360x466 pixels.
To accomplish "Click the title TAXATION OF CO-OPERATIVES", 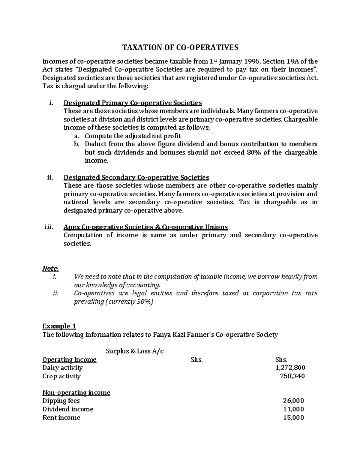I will (180, 47).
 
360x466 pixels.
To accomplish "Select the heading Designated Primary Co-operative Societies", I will (133, 103).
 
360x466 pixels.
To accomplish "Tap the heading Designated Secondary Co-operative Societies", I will (136, 177).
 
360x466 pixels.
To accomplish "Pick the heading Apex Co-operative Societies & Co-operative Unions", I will (145, 227).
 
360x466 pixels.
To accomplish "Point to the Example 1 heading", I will (59, 326).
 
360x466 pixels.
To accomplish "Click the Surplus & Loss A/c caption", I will (135, 351).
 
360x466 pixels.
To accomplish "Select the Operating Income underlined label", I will (69, 359).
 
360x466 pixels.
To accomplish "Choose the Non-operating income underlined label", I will (76, 392).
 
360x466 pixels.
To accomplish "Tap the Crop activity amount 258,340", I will (292, 376).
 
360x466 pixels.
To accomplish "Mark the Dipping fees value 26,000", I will (293, 401).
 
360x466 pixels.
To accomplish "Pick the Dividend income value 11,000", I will (293, 409).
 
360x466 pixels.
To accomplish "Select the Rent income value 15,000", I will (293, 418).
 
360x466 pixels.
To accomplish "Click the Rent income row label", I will (61, 418).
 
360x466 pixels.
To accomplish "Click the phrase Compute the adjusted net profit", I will (133, 136).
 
